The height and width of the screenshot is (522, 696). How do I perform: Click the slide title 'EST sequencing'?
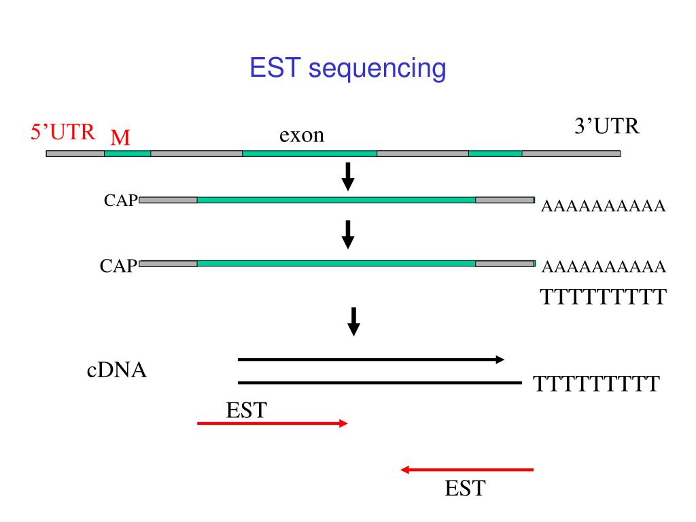point(348,69)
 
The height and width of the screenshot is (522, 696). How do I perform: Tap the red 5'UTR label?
point(63,131)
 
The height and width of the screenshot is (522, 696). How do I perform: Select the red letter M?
point(120,138)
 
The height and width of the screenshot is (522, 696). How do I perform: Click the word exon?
point(302,135)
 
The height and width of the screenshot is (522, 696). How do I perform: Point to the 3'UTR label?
point(607,127)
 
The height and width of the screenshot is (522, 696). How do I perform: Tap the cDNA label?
point(117,371)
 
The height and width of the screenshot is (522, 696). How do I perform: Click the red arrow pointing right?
point(272,423)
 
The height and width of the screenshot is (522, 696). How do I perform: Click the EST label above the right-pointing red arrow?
point(246,410)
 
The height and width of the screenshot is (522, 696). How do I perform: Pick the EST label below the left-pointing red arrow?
point(466,488)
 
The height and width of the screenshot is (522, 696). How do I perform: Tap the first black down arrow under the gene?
point(347,176)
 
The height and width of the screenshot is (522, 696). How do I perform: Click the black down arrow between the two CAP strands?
point(347,234)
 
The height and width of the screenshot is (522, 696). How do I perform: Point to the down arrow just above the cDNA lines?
point(353,321)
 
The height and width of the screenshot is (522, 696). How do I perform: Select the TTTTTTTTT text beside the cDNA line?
point(595,385)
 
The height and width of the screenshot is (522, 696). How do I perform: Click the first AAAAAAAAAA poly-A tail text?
point(602,206)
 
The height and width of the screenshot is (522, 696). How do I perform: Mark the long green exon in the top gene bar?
point(309,154)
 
